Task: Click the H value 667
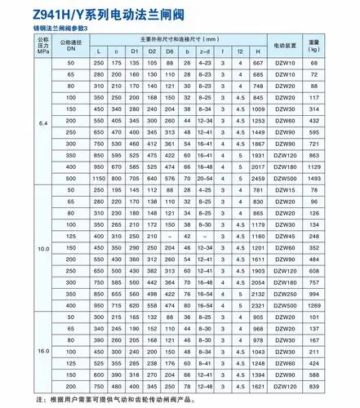pos(258,64)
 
